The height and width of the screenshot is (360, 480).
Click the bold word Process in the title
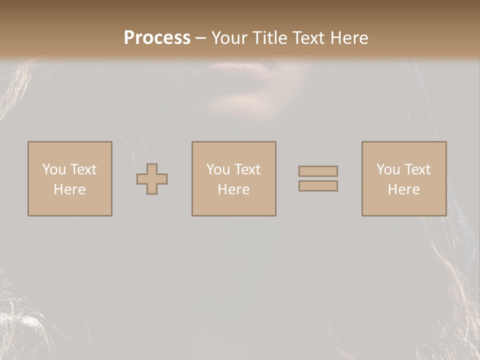[157, 38]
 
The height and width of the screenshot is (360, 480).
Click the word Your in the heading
[230, 38]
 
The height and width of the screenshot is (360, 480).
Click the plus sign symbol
[152, 179]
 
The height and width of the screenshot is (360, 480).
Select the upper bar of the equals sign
[318, 171]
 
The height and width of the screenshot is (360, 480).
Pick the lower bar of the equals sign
[318, 186]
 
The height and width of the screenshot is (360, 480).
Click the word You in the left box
[54, 169]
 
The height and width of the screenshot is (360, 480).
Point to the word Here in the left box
[70, 189]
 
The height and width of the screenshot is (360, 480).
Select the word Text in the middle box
[247, 169]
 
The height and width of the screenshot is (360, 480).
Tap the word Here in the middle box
[234, 189]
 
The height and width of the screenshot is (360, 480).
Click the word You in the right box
[388, 169]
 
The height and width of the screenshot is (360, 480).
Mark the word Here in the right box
[404, 189]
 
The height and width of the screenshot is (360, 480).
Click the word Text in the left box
[83, 169]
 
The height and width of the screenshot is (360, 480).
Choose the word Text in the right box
[417, 169]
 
